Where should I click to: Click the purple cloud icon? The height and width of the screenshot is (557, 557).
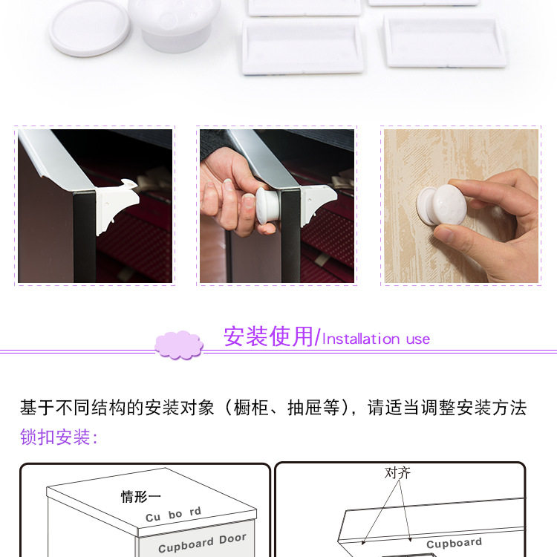179,345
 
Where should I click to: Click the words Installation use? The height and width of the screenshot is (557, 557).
377,339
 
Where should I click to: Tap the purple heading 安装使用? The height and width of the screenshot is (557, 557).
268,336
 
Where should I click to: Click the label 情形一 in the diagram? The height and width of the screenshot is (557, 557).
141,496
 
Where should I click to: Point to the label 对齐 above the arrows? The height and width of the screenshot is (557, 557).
397,473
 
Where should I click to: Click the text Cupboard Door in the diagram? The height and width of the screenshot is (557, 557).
202,543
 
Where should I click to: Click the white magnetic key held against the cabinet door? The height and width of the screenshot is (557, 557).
268,206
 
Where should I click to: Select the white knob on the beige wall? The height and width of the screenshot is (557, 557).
442,205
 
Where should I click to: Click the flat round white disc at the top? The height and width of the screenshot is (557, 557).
89,27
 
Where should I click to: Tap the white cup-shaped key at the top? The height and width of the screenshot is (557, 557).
174,25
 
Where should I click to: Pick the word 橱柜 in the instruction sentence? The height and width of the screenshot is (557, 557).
251,407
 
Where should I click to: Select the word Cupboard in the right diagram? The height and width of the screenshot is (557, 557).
454,543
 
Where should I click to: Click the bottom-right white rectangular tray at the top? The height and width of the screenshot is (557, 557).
444,41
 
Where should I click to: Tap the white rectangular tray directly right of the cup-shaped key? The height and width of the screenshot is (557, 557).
303,48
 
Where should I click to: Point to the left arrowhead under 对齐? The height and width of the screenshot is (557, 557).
363,542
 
